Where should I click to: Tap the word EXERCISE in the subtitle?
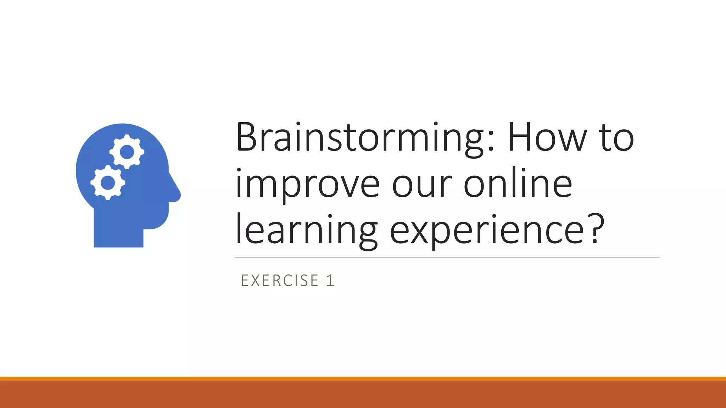click(280, 281)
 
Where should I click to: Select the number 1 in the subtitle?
click(330, 281)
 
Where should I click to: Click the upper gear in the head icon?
click(127, 152)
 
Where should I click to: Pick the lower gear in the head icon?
click(108, 182)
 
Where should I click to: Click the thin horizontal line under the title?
click(447, 257)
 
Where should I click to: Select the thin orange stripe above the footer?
click(363, 379)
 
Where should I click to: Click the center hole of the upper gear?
click(127, 152)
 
